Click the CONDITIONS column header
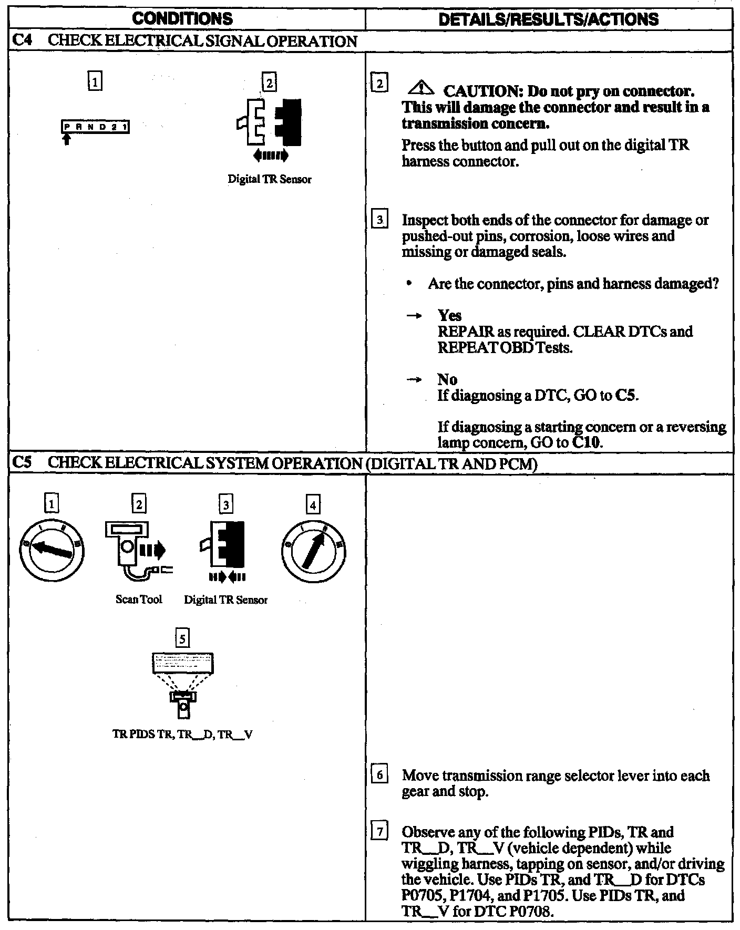[x=182, y=19]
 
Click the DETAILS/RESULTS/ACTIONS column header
[x=548, y=19]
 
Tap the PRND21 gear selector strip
[x=96, y=127]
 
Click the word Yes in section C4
[x=449, y=315]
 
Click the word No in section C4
[x=447, y=379]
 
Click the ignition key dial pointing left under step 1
[x=51, y=550]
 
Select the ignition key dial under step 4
[x=313, y=550]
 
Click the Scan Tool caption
[x=139, y=600]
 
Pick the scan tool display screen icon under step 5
[x=182, y=663]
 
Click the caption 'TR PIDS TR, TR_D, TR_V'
[x=182, y=735]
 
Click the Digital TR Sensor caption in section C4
[x=269, y=179]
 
